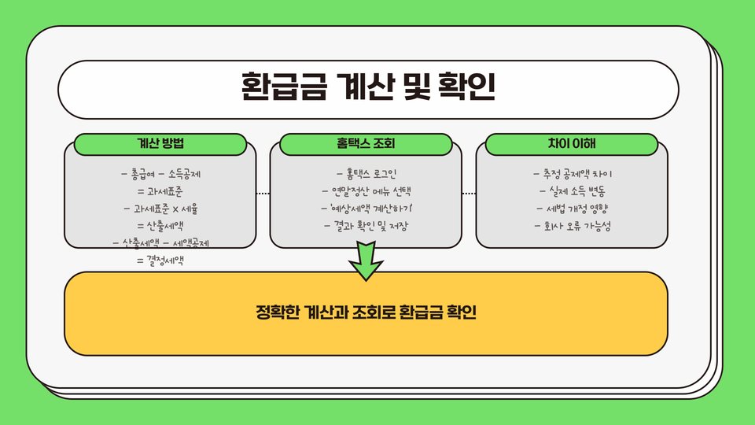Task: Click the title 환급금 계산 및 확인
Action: (368, 89)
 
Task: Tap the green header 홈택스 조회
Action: (366, 144)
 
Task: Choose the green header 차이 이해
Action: (572, 144)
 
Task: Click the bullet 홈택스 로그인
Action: (366, 174)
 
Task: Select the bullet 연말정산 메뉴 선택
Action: (366, 191)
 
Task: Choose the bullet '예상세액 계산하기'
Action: (366, 209)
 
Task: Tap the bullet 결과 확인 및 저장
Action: (366, 227)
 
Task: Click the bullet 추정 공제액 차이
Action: (572, 174)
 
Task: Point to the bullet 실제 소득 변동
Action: (572, 191)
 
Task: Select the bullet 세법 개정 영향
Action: (572, 209)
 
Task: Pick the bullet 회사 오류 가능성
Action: (572, 227)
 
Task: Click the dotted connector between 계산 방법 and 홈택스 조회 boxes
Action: (263, 193)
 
